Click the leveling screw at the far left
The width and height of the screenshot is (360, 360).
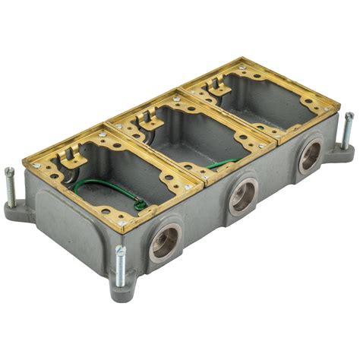[10, 183]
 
